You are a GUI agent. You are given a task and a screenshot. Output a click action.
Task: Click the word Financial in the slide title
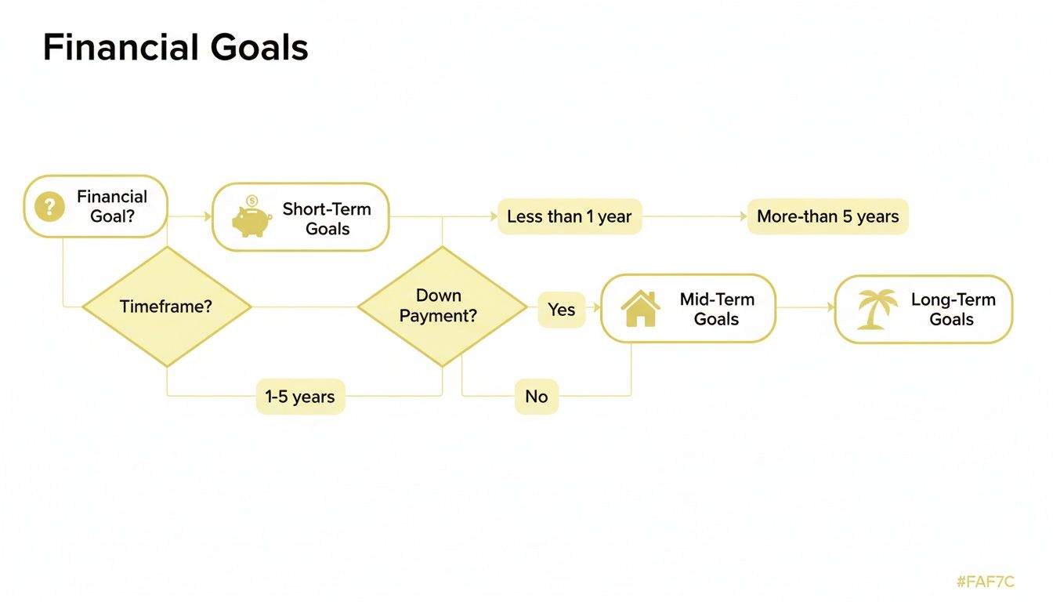tap(117, 48)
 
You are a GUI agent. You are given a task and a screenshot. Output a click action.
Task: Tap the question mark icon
tap(50, 207)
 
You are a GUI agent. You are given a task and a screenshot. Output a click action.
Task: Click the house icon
tap(640, 309)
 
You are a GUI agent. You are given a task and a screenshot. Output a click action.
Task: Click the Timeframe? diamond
tap(166, 306)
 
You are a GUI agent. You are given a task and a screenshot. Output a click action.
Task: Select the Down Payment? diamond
tap(442, 306)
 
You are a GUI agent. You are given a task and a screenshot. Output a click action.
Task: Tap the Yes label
tap(561, 310)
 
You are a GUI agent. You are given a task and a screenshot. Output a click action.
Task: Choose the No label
tap(536, 397)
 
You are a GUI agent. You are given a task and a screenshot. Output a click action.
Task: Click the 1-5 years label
tap(300, 397)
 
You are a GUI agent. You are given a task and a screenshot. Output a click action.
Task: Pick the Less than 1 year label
tap(569, 217)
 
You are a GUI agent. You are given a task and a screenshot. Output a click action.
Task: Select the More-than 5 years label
tap(827, 217)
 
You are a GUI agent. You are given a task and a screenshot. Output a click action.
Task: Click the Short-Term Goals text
tap(327, 219)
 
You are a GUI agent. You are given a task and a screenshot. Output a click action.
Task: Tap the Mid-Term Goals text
tap(716, 309)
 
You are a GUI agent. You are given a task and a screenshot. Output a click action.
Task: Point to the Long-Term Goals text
tap(952, 309)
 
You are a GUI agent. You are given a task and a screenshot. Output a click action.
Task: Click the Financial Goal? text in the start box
tap(112, 206)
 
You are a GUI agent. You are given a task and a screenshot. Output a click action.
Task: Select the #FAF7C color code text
tap(985, 582)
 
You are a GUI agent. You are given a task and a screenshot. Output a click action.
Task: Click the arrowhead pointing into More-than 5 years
tap(744, 217)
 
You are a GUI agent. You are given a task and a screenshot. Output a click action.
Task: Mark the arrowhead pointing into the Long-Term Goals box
tap(830, 308)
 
